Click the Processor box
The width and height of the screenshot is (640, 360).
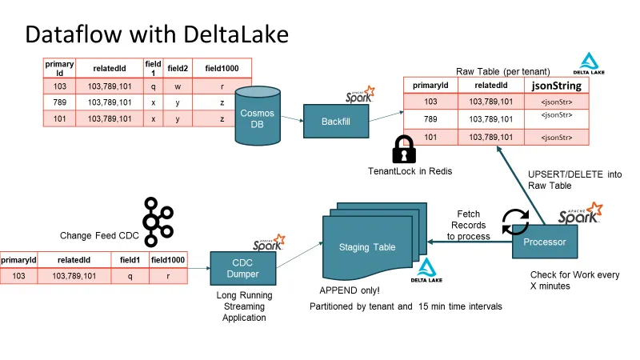click(x=544, y=242)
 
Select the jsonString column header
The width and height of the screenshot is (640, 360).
click(x=556, y=86)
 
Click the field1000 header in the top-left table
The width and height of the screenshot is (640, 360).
click(x=222, y=69)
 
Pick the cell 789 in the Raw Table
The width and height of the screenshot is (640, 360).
click(x=430, y=118)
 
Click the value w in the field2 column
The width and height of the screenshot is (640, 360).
click(x=176, y=86)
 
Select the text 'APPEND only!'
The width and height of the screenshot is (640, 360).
click(x=349, y=289)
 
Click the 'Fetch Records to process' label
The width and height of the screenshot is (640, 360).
click(x=469, y=225)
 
